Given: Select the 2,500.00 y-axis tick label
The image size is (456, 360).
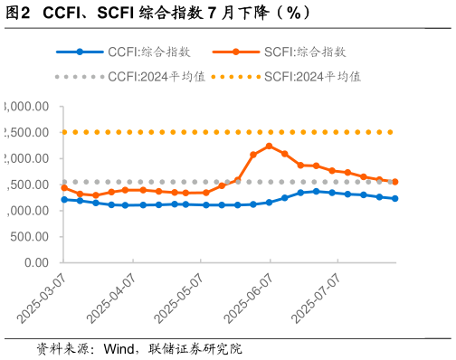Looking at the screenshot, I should [27, 132].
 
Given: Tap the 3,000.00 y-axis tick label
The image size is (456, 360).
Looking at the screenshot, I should [27, 106].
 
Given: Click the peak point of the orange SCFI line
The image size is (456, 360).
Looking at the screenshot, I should [269, 146].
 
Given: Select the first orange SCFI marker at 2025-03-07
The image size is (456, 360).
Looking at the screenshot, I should [64, 187].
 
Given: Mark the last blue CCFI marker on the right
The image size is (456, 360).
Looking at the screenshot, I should [394, 198].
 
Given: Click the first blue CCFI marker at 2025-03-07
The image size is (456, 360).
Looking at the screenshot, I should [64, 199].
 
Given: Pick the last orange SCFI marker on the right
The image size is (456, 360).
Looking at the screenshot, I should [394, 182].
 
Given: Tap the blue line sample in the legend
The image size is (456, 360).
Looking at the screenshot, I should [80, 52].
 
